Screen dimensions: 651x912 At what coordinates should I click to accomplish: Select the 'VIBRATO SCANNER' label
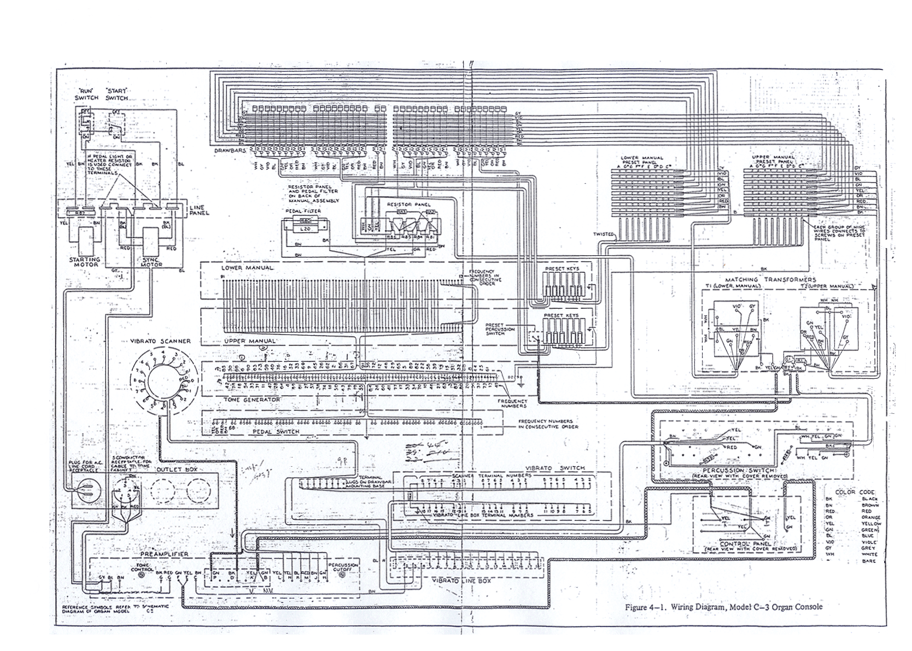(x=164, y=341)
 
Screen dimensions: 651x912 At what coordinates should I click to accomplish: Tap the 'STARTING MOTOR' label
(x=85, y=262)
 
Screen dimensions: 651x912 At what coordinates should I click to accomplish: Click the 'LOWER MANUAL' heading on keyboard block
(x=247, y=268)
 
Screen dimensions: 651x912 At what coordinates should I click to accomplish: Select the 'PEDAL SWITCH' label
(x=276, y=432)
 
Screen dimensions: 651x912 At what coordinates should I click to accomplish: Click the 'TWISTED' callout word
(x=603, y=234)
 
